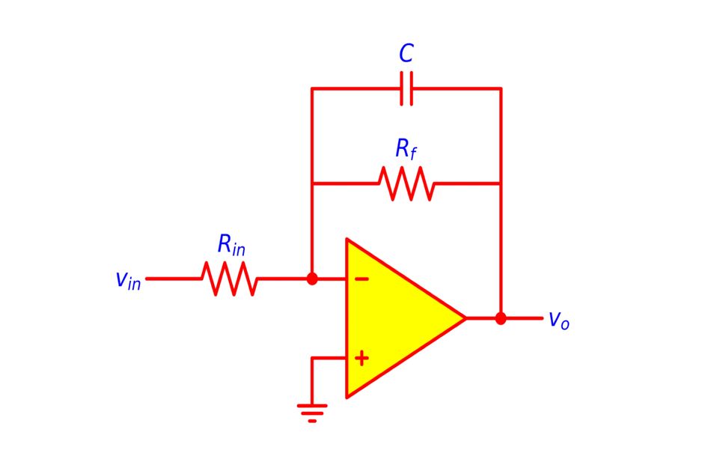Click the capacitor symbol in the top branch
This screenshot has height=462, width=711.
pos(406,88)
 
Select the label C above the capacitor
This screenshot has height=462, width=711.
pos(406,54)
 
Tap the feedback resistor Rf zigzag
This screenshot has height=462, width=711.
pos(406,183)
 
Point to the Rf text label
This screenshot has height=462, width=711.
pos(406,150)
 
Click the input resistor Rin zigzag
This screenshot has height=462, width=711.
pos(230,279)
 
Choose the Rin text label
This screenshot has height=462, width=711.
pos(231,245)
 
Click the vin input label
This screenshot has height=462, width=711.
pos(128,280)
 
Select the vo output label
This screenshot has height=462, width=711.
pos(558,320)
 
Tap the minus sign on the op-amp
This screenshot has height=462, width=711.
pos(361,279)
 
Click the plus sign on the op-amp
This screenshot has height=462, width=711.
pos(361,359)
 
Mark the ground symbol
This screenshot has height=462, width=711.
pos(312,412)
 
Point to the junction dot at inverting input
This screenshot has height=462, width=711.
pos(312,279)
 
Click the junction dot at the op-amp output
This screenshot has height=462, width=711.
pos(501,318)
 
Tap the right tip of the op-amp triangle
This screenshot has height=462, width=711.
pos(465,318)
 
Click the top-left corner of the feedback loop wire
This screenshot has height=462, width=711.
pos(312,88)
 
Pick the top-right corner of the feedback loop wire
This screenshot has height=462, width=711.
pos(501,88)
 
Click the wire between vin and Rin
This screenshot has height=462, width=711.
pos(174,279)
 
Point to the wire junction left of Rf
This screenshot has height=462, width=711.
pos(312,183)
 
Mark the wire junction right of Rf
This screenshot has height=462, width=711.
pos(501,183)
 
